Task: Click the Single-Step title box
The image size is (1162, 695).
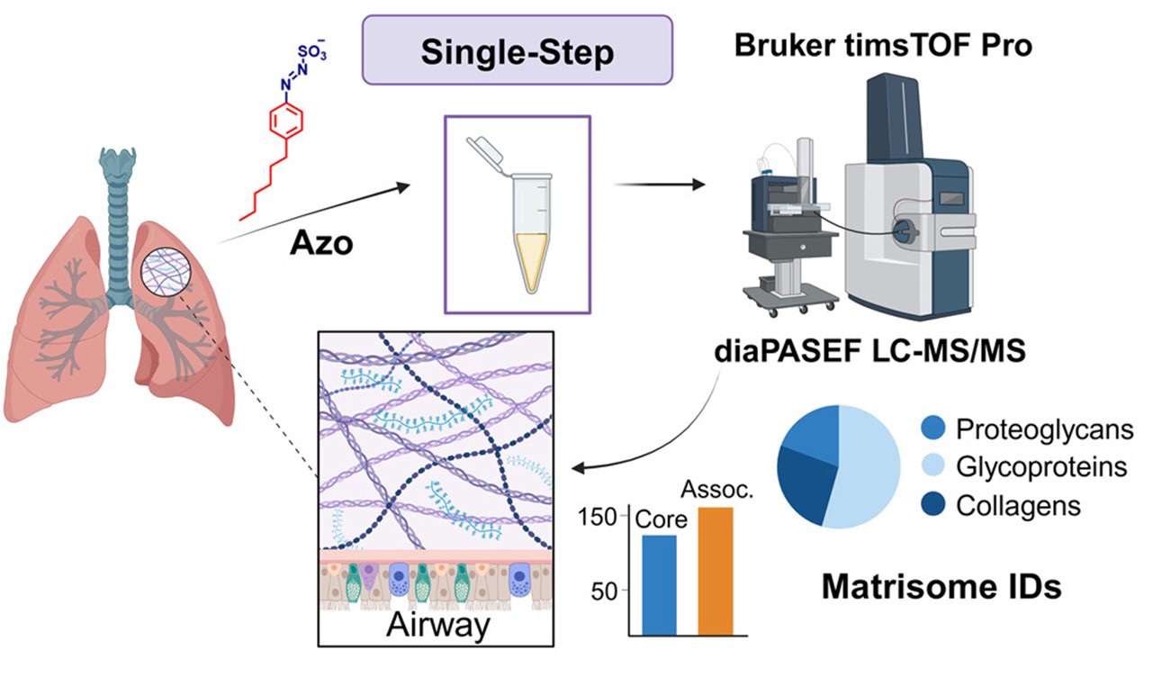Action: (x=517, y=51)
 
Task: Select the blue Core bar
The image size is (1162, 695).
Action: (x=659, y=585)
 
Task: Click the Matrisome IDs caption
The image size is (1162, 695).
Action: (x=941, y=588)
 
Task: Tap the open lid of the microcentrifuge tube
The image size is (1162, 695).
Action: (x=487, y=150)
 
